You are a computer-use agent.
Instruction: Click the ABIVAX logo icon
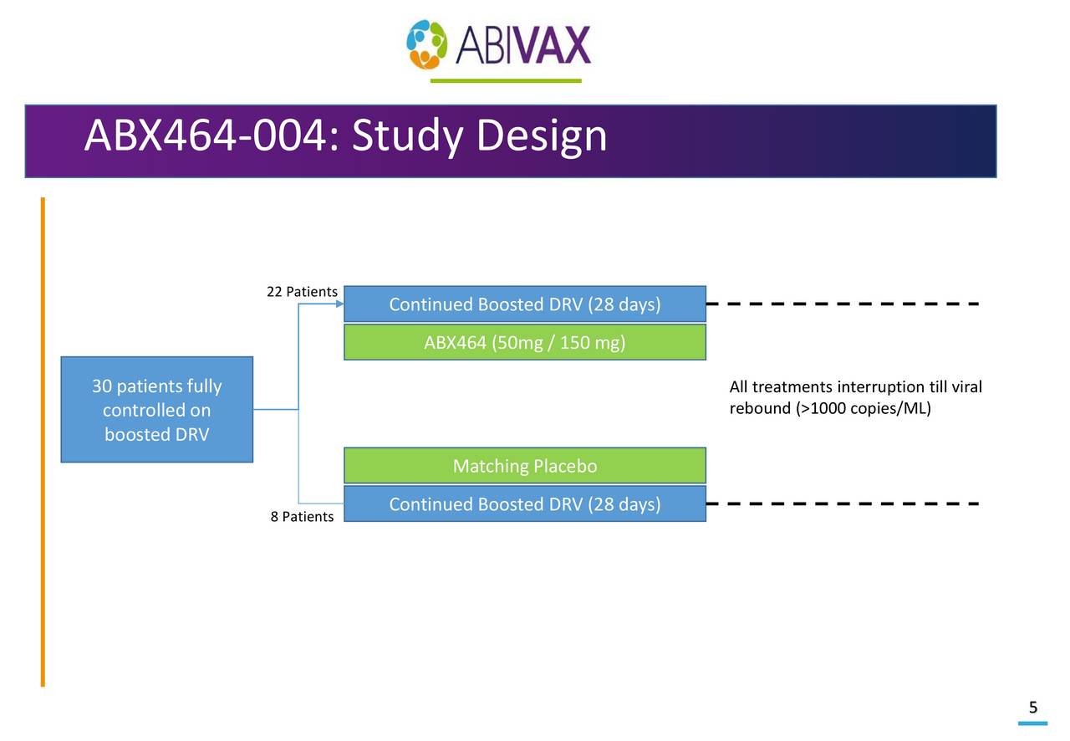(x=427, y=44)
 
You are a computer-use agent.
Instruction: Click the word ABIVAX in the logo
(x=523, y=45)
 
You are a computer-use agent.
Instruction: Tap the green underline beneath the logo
(x=505, y=81)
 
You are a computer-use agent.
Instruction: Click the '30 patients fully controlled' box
(x=156, y=410)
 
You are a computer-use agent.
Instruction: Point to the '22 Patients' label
(x=301, y=292)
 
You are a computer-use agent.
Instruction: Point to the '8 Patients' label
(x=301, y=517)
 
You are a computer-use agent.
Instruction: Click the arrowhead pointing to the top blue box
(x=339, y=304)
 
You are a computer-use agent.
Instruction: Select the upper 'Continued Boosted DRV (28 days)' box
(x=524, y=304)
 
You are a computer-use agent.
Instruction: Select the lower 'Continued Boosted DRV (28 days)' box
(x=524, y=504)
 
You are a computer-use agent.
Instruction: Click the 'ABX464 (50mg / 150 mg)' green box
(x=524, y=343)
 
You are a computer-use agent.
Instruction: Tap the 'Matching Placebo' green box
(x=524, y=466)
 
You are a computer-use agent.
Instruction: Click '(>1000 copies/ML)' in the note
(x=864, y=409)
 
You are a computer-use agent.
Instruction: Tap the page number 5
(x=1033, y=708)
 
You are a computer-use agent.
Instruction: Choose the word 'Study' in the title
(x=406, y=136)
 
